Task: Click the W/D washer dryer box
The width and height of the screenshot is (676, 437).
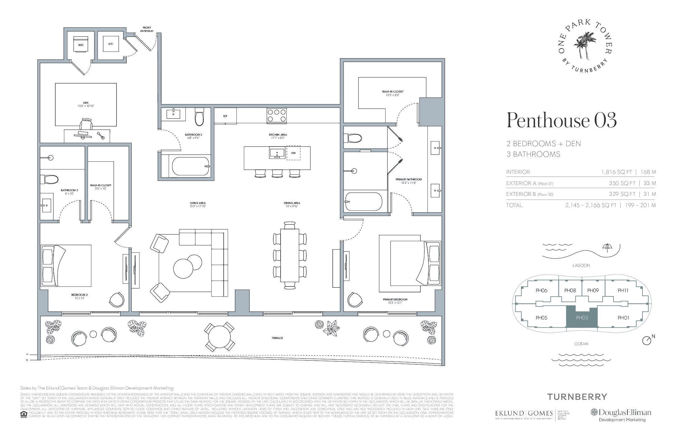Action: click(x=81, y=45)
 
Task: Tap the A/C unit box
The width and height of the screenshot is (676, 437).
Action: click(x=111, y=44)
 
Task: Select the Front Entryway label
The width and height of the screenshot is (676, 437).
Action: click(x=147, y=29)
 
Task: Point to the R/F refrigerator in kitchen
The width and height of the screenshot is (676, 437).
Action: click(x=225, y=116)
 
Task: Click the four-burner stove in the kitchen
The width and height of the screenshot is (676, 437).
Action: click(x=276, y=115)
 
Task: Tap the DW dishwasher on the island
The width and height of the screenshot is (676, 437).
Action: click(x=293, y=153)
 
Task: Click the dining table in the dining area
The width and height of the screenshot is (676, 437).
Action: click(x=290, y=255)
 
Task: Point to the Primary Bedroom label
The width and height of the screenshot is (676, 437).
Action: click(x=395, y=300)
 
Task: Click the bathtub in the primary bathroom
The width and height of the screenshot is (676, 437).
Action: click(x=363, y=201)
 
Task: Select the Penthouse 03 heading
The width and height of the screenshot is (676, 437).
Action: click(x=561, y=121)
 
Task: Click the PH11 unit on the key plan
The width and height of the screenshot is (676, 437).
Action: click(x=623, y=291)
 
